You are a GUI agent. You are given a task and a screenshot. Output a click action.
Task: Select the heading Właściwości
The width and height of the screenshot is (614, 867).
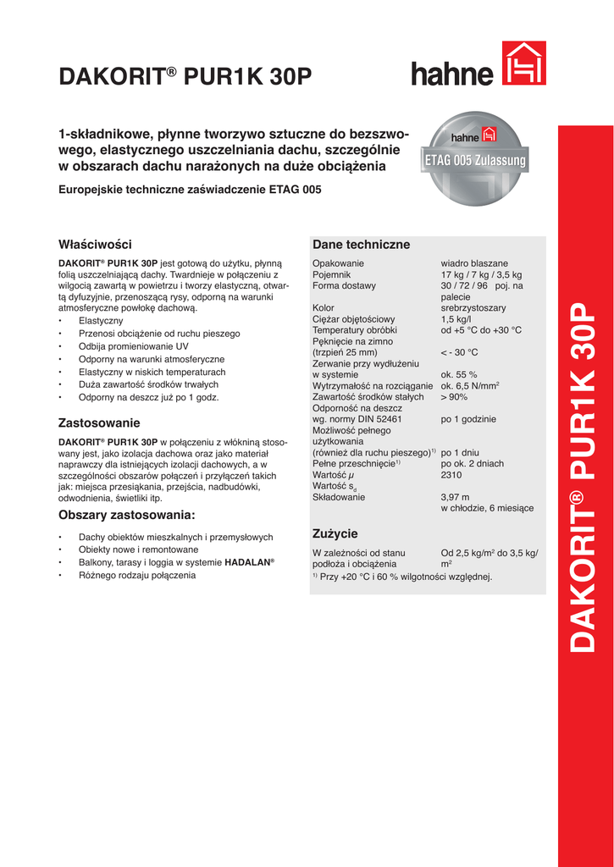(x=95, y=245)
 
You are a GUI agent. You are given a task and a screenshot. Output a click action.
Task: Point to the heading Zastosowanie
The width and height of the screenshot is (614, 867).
(x=99, y=422)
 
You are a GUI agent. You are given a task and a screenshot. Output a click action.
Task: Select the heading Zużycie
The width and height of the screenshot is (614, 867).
(x=335, y=533)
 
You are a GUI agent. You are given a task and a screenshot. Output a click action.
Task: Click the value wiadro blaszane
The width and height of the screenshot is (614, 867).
(x=474, y=263)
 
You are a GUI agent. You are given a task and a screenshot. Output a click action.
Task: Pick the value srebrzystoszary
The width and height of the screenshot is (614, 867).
(x=473, y=308)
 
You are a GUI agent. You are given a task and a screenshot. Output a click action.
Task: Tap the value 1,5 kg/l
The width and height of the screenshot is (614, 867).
(x=457, y=319)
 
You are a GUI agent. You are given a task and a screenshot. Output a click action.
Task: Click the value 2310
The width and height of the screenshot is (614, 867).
(x=451, y=475)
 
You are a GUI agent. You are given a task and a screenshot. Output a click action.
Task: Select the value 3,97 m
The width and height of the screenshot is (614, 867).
(x=455, y=497)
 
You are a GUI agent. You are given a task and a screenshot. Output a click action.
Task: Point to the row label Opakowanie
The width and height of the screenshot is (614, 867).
(x=338, y=263)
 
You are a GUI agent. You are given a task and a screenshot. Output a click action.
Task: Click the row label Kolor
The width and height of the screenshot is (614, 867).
(x=324, y=308)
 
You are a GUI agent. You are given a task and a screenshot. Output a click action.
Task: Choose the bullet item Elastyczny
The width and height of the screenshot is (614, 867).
(x=101, y=321)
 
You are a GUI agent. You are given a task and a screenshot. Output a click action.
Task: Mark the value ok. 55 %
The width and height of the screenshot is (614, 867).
(x=459, y=374)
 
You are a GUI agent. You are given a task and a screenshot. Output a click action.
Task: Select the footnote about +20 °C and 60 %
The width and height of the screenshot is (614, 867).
(x=402, y=577)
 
